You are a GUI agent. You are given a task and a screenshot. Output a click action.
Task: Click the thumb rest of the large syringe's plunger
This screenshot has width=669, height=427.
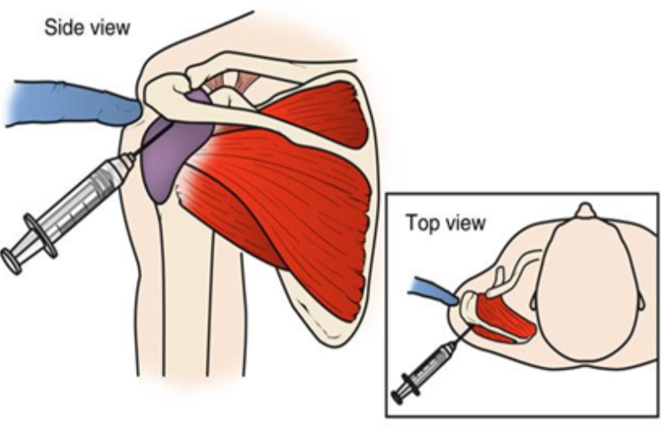[x=12, y=260]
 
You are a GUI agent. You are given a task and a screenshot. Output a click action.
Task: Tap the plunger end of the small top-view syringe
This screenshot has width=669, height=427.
[x=399, y=396]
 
